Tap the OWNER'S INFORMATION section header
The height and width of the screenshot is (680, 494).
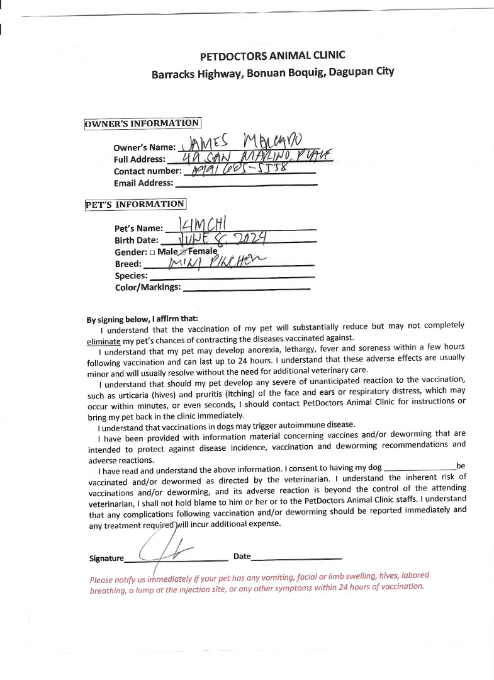point(142,123)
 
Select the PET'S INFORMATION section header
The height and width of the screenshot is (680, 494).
point(135,204)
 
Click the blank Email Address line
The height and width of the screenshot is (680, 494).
point(245,183)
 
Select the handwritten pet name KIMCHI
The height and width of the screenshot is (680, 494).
point(198,225)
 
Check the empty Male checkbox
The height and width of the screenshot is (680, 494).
point(152,252)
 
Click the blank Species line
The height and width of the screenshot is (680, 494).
point(232,276)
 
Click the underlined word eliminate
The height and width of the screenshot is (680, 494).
point(103,341)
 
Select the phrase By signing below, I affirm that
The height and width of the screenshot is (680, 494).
point(142,319)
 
